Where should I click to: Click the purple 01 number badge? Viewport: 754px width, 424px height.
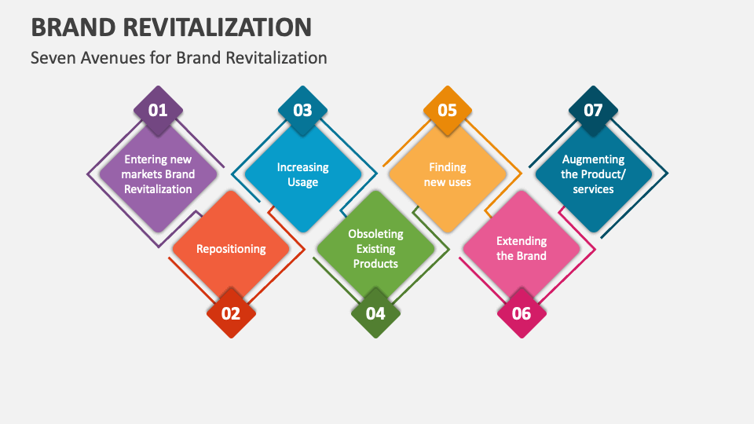[x=158, y=110]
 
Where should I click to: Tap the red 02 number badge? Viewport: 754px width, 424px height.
[x=230, y=314]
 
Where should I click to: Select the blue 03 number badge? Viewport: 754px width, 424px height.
[x=302, y=110]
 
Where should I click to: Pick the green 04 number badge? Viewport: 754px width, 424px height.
[x=375, y=314]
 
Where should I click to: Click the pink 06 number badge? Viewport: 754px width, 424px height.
[x=522, y=314]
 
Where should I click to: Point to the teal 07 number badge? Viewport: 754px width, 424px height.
[x=593, y=110]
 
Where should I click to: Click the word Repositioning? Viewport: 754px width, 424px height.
[x=231, y=249]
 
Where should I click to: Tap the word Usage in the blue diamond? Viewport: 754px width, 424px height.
[x=302, y=182]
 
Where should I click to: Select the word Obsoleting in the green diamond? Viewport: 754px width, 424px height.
[x=375, y=234]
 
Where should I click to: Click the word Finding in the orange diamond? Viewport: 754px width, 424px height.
[x=448, y=167]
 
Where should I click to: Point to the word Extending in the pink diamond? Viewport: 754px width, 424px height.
[x=522, y=241]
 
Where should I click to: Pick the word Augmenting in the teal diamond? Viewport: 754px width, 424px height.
[x=593, y=159]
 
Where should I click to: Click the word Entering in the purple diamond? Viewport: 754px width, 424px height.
[x=146, y=159]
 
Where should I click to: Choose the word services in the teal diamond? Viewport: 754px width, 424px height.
[x=593, y=189]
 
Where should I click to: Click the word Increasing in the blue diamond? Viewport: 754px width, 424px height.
[x=302, y=167]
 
